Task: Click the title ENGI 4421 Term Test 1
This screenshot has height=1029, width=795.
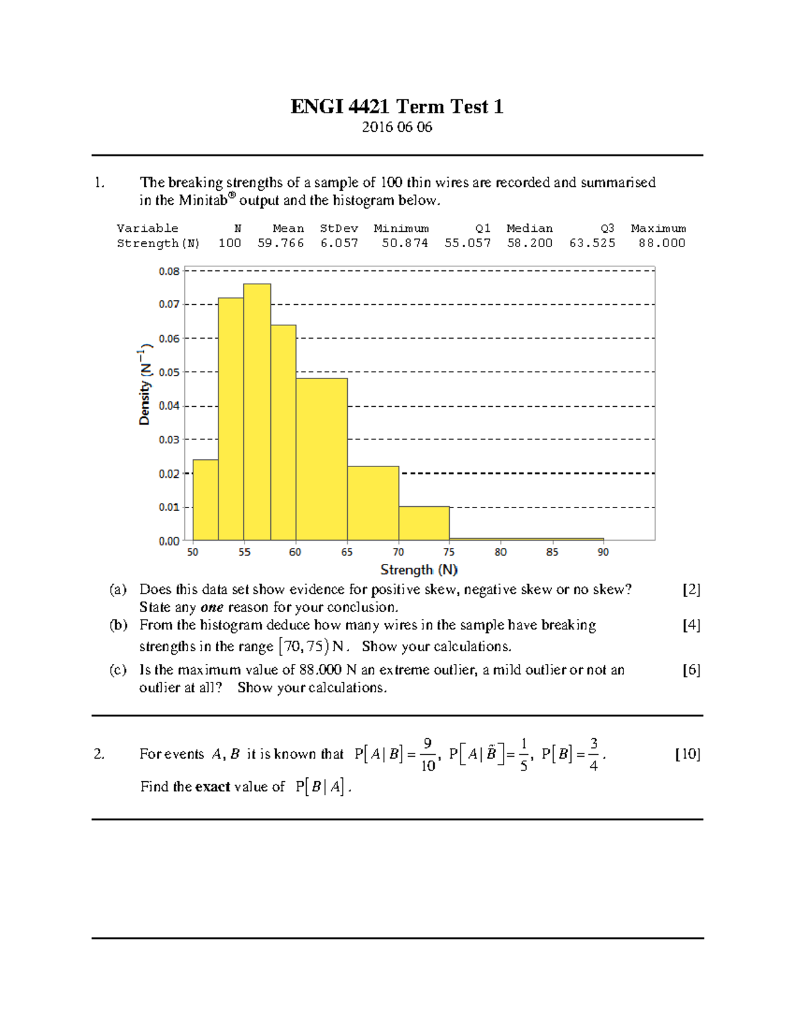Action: coord(396,107)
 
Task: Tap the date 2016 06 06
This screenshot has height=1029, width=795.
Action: coord(396,127)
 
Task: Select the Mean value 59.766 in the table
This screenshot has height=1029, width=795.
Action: coord(280,243)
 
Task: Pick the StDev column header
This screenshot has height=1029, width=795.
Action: coord(339,228)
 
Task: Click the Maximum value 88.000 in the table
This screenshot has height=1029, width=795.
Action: coord(661,243)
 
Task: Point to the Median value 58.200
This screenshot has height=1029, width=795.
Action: coord(529,243)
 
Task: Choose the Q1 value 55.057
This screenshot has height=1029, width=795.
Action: coord(467,243)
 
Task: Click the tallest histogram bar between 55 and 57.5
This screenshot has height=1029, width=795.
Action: coord(257,411)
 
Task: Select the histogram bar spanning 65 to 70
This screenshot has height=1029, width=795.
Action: coord(373,504)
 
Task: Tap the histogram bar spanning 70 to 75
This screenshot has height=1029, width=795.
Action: coord(424,523)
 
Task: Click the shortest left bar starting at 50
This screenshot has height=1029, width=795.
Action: coord(205,500)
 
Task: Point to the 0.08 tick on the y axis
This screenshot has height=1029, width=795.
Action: coord(169,271)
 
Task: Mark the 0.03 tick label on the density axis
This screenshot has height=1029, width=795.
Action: coord(169,439)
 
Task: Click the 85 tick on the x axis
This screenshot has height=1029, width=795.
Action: coord(552,552)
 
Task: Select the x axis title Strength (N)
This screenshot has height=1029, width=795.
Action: coord(419,570)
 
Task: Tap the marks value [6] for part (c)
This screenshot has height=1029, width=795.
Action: coord(691,670)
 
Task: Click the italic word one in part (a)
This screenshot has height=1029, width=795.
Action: coord(211,608)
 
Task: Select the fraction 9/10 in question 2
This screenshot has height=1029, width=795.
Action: coord(427,755)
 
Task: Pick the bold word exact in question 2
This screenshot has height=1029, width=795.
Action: coord(212,787)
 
